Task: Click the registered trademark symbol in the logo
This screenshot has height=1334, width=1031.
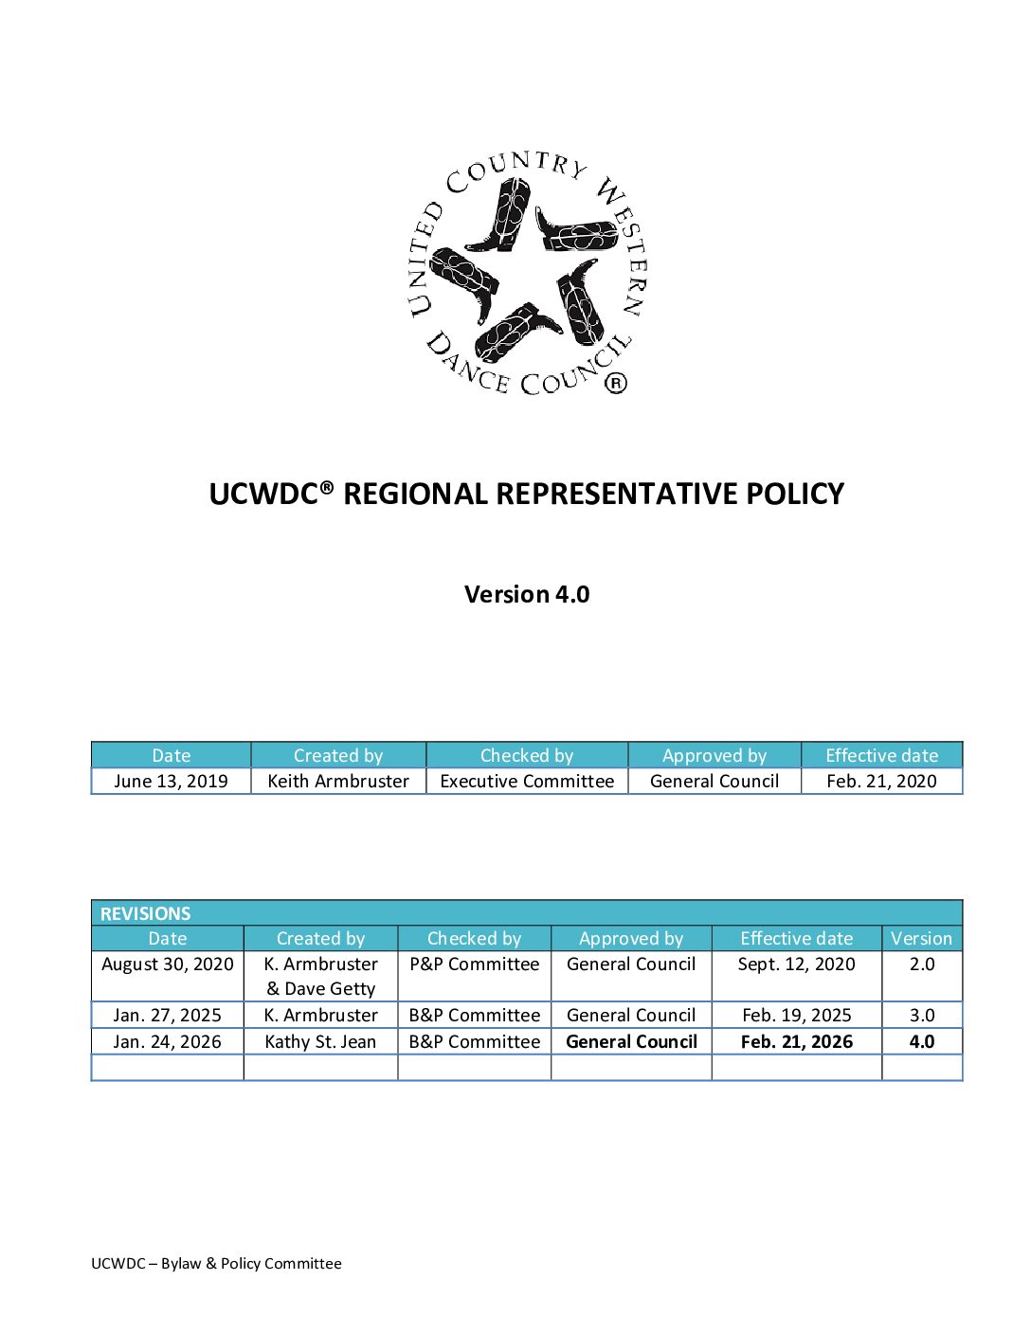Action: click(x=616, y=383)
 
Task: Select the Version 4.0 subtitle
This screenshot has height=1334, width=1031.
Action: click(x=527, y=594)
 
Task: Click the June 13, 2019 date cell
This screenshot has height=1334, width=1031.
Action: click(x=172, y=781)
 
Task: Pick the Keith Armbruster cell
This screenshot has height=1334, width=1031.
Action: click(x=338, y=781)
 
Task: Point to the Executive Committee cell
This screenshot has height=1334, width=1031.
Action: click(x=527, y=781)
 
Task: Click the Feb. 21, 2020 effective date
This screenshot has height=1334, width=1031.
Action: click(x=881, y=781)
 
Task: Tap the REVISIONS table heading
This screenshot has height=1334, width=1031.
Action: click(x=146, y=913)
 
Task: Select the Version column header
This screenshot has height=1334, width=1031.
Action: click(x=921, y=938)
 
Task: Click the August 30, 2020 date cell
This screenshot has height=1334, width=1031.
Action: click(x=168, y=964)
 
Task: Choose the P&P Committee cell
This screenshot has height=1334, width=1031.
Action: click(x=475, y=964)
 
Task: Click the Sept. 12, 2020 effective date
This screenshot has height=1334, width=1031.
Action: click(x=797, y=964)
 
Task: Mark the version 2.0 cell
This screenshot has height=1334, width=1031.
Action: click(x=922, y=964)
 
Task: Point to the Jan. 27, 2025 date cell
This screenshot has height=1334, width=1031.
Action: click(x=168, y=1015)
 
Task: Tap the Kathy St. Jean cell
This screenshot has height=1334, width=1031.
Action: click(x=320, y=1041)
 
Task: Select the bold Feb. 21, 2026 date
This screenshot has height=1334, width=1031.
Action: click(x=797, y=1041)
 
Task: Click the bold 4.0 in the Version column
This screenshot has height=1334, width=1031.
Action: click(x=922, y=1041)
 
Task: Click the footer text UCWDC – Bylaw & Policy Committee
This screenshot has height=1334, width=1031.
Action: click(x=216, y=1263)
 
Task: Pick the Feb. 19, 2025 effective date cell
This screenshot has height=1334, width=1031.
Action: click(x=797, y=1015)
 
